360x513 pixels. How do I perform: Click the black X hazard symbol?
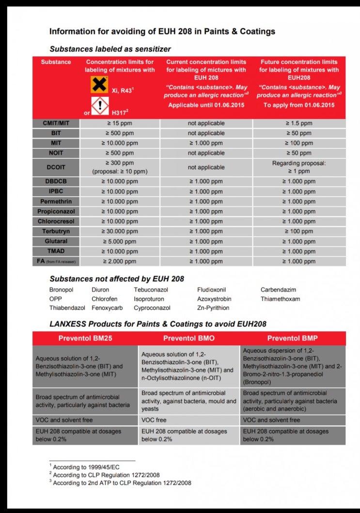pos(99,84)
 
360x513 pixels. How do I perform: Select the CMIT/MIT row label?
pos(56,123)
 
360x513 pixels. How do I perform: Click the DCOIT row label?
pos(56,167)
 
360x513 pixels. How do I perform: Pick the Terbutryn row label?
pos(56,231)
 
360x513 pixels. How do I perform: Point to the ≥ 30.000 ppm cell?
pos(120,231)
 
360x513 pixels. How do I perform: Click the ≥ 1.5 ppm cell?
pos(299,123)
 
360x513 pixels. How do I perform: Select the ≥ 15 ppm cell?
pos(120,123)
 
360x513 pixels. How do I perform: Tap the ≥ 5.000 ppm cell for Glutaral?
pos(120,241)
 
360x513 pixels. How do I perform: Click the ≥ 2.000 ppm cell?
pos(120,261)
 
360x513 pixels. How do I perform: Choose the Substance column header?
pos(56,62)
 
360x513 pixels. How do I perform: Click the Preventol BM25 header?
pos(85,338)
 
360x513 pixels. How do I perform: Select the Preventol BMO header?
pos(189,338)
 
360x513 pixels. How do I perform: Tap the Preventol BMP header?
pos(292,338)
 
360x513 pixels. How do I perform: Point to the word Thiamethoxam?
pos(280,299)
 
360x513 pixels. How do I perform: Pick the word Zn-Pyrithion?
pos(213,308)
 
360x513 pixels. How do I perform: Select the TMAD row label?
pos(56,251)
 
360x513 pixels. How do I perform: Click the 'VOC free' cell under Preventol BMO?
pos(155,420)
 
